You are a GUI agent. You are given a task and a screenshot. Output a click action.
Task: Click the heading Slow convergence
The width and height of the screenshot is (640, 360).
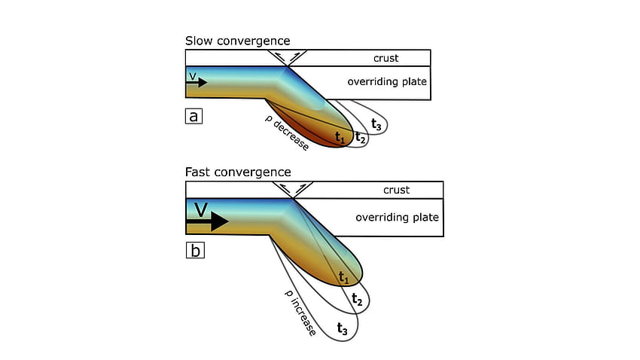pos(237,41)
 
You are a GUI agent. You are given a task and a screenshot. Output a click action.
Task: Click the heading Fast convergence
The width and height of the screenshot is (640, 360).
pos(238,172)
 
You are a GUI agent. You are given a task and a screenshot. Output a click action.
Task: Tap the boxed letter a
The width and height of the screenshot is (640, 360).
pos(194,116)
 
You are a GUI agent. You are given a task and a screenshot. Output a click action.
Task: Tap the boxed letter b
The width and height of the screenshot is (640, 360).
pos(195,250)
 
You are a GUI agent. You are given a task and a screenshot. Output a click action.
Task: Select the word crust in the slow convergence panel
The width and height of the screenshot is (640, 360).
pos(386,58)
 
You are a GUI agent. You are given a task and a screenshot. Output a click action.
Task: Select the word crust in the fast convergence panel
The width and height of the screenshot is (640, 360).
pos(396,191)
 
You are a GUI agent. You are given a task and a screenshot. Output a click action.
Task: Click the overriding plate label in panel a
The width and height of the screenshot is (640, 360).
pos(387,81)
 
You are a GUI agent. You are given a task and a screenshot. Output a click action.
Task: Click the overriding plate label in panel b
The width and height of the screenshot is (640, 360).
pos(397,217)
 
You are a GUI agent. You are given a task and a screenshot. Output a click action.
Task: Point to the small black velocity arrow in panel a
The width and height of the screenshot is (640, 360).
pos(197,82)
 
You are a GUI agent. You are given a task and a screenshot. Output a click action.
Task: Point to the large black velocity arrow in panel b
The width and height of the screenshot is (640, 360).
pos(207,221)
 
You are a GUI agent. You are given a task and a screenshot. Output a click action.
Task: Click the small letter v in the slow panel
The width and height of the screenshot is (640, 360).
pos(193,76)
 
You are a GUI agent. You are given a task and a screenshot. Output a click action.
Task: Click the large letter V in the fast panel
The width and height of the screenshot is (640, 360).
pos(201,209)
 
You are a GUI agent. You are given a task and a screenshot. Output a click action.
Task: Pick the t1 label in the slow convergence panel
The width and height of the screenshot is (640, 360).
pos(340,137)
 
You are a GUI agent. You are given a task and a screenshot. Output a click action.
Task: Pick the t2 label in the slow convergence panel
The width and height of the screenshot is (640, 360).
pos(360,137)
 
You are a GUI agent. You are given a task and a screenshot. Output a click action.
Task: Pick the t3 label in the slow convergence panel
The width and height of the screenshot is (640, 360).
pos(376,124)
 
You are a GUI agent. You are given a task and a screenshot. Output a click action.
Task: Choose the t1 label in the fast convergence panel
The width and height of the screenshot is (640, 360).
pos(343,278)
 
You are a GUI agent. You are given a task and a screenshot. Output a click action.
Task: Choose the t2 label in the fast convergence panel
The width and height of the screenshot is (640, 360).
pos(357,299)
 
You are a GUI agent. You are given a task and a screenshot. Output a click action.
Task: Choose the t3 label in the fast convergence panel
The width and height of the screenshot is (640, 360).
pos(342,328)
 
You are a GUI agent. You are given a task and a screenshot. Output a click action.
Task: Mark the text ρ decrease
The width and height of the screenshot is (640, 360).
pos(287,133)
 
